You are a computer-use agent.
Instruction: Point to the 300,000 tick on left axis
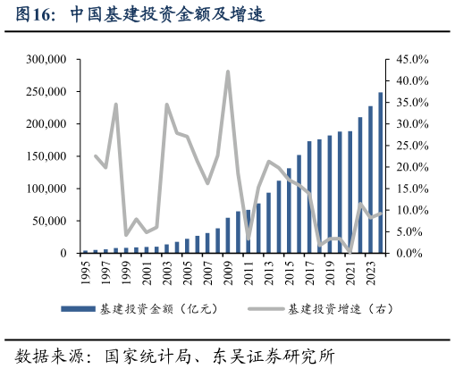pos(48,59)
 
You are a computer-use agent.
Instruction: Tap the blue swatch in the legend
pos(78,309)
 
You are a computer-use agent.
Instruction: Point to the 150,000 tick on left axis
pos(48,156)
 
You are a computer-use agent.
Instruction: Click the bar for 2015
pos(289,211)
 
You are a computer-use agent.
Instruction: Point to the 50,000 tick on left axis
pos(52,221)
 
